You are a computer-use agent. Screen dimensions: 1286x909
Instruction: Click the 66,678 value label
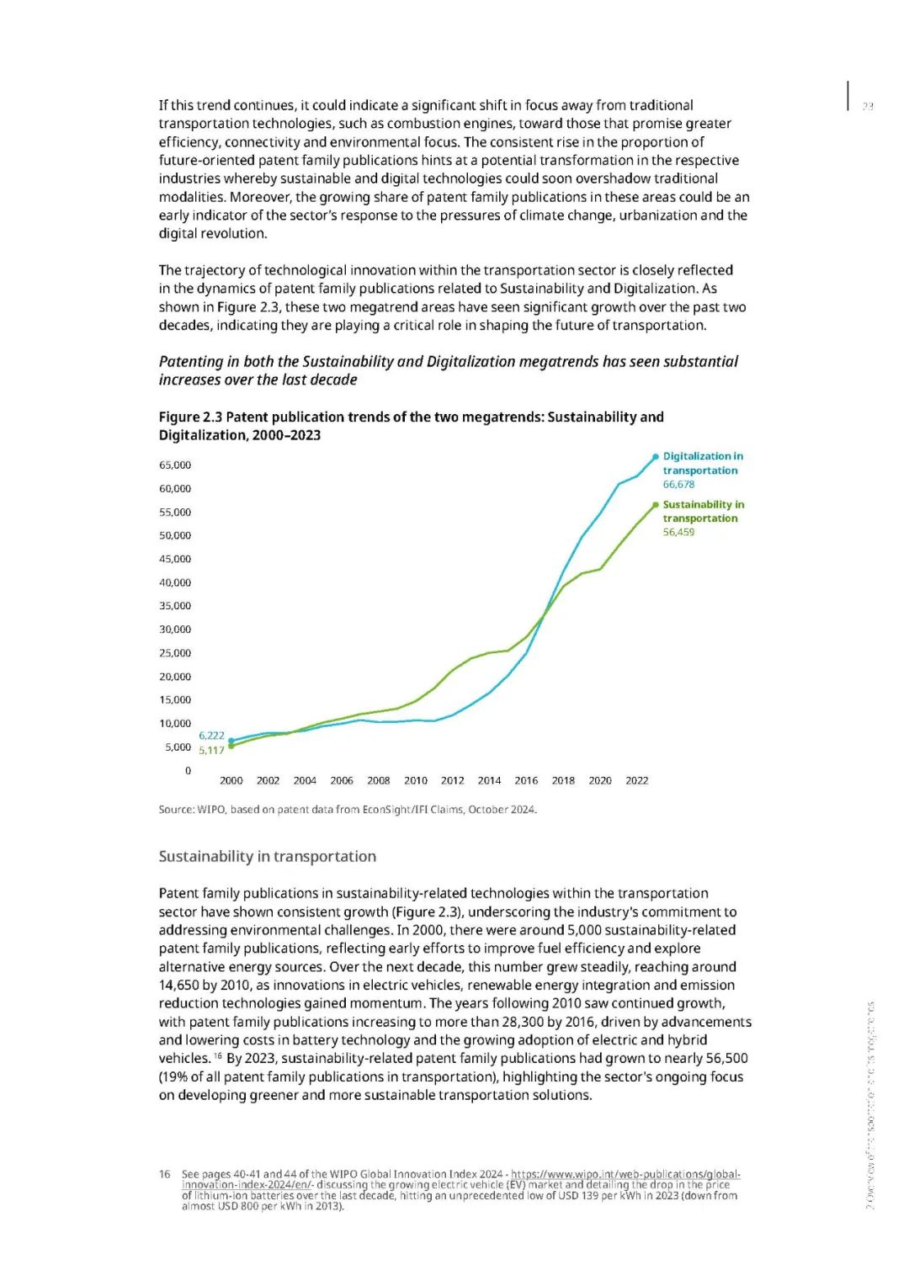[678, 485]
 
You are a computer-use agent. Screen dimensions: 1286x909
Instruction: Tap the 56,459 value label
[678, 533]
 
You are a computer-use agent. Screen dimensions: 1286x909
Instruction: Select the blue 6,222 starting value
[211, 736]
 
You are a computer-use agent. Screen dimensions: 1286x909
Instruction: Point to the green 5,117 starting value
[211, 751]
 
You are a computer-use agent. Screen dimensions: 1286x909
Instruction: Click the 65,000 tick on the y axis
[175, 465]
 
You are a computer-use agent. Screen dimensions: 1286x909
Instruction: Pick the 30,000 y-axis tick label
[175, 630]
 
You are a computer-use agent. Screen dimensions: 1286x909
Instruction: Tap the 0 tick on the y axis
[188, 771]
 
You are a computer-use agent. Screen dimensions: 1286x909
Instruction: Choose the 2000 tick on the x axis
[231, 781]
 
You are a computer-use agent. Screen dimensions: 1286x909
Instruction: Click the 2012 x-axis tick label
[452, 781]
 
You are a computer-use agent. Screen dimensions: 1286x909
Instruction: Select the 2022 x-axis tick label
[636, 781]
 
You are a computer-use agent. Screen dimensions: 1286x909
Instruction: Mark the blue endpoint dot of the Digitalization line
[656, 457]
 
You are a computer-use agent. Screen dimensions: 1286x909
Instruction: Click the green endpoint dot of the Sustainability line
[656, 505]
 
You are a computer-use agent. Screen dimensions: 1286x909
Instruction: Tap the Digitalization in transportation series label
[702, 464]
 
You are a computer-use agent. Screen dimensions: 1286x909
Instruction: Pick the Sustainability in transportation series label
[703, 512]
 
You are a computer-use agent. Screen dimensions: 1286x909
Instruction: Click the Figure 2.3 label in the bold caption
[191, 417]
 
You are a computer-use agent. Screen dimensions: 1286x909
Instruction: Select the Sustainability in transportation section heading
[267, 857]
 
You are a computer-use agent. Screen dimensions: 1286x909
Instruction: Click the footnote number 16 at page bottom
[165, 1174]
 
